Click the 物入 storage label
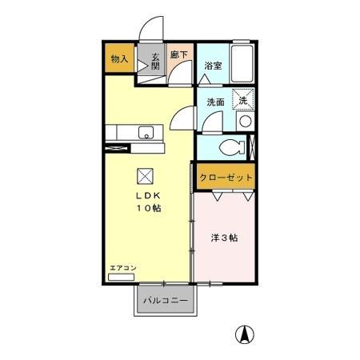click(119, 59)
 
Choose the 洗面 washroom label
click(214, 102)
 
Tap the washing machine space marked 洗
click(242, 99)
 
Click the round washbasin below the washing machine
click(245, 122)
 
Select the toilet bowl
click(233, 148)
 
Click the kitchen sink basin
click(146, 132)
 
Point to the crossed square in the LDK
click(145, 175)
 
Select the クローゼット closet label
click(226, 178)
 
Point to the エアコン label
click(123, 267)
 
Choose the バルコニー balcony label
click(166, 301)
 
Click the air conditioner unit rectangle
click(123, 277)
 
